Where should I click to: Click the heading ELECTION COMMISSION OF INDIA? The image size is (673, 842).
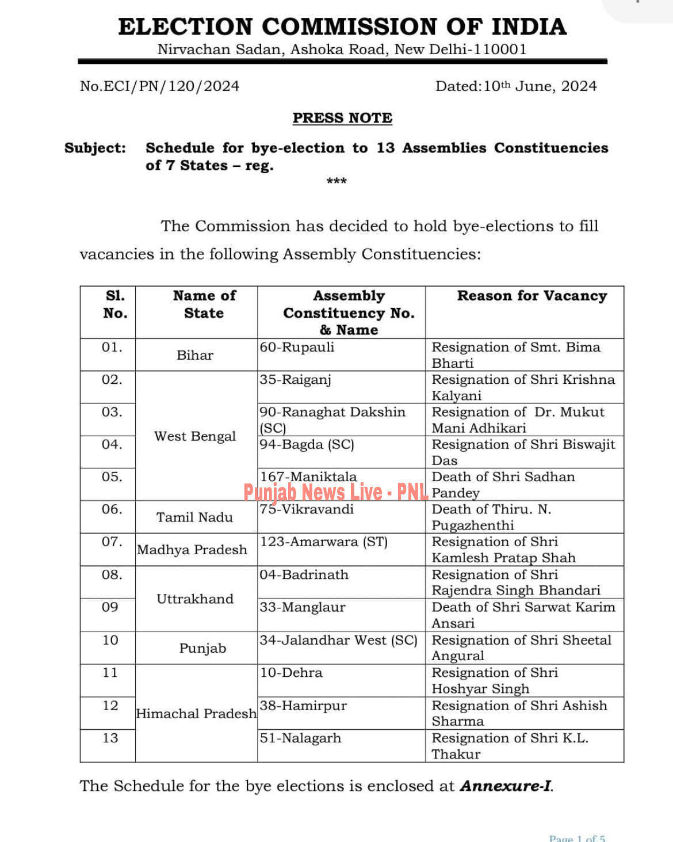pyautogui.click(x=342, y=27)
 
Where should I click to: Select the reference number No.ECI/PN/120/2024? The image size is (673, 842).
pyautogui.click(x=159, y=86)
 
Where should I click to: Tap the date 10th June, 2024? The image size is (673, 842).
pyautogui.click(x=516, y=86)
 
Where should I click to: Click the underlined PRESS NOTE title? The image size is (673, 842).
pyautogui.click(x=342, y=118)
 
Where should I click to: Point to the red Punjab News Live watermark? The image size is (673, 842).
pyautogui.click(x=336, y=492)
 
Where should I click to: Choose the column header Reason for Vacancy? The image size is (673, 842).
pyautogui.click(x=531, y=296)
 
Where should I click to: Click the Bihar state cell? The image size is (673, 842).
pyautogui.click(x=195, y=355)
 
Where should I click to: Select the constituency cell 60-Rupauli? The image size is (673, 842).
pyautogui.click(x=297, y=348)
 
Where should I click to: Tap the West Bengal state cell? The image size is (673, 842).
pyautogui.click(x=195, y=436)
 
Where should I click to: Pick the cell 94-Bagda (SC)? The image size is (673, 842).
pyautogui.click(x=307, y=445)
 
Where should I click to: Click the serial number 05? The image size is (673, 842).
pyautogui.click(x=112, y=477)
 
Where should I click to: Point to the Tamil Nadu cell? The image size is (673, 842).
pyautogui.click(x=195, y=517)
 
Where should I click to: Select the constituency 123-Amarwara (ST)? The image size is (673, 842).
pyautogui.click(x=324, y=542)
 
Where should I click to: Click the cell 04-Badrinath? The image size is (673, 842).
pyautogui.click(x=304, y=575)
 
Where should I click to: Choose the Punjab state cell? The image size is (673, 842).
pyautogui.click(x=202, y=648)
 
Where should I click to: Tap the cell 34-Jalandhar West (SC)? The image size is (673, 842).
pyautogui.click(x=338, y=640)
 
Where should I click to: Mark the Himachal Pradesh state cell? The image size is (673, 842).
pyautogui.click(x=196, y=714)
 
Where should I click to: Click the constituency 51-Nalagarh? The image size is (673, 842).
pyautogui.click(x=300, y=738)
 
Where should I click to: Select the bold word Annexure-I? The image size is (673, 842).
pyautogui.click(x=505, y=786)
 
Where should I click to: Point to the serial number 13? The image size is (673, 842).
pyautogui.click(x=110, y=738)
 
